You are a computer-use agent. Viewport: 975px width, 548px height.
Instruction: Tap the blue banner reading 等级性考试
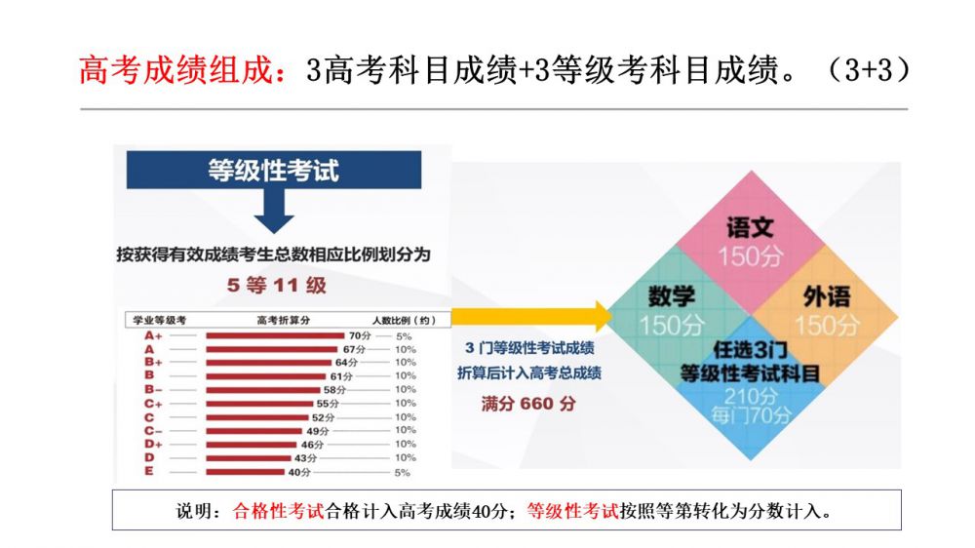click(273, 170)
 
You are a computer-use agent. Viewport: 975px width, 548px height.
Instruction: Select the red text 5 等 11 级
click(277, 286)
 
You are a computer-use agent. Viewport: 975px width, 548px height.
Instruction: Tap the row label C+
click(153, 404)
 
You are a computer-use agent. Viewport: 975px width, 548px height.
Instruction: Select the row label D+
click(153, 445)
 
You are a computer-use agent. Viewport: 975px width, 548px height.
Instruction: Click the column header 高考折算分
click(283, 320)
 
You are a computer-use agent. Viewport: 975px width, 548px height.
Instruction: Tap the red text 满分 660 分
click(528, 403)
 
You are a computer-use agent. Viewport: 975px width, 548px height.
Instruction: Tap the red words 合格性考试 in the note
click(279, 510)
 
